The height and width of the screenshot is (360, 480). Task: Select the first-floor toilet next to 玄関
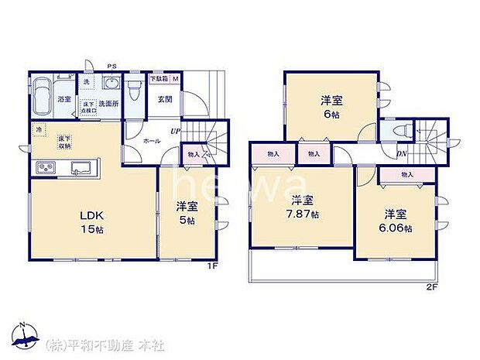134,91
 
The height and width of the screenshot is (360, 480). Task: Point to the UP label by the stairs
176,132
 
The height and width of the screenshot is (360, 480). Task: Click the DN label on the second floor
402,153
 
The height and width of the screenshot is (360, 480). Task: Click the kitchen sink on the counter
81,168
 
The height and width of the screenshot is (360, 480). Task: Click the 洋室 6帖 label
331,105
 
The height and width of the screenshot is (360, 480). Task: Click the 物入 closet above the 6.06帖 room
406,176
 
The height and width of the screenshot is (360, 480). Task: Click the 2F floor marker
431,287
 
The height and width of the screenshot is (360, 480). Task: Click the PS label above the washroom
112,66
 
